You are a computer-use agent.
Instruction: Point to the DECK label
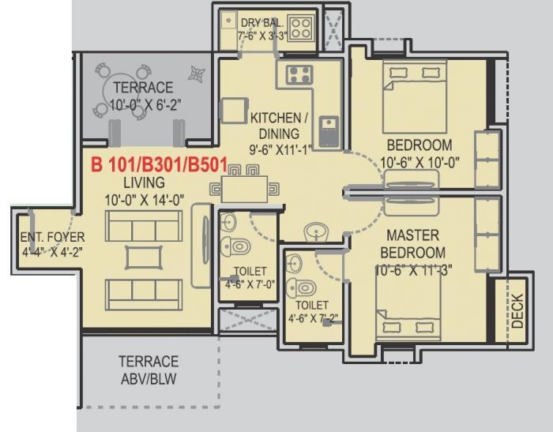pos(517,311)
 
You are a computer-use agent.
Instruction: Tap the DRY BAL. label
pos(263,23)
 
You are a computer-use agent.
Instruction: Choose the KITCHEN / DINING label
pos(274,126)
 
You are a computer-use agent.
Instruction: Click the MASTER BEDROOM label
pos(414,244)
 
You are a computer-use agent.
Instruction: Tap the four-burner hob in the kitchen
pos(299,75)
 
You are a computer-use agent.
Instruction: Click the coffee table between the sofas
pos(143,257)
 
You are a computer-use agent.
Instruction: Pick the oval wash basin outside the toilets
pos(317,232)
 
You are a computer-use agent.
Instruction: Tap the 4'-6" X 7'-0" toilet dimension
pos(249,284)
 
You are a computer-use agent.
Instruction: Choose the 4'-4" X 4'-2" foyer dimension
pos(52,254)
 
